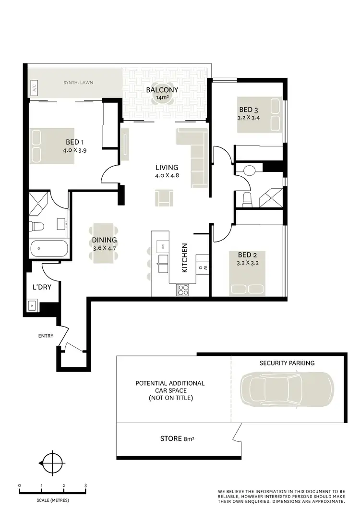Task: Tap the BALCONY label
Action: pyautogui.click(x=162, y=90)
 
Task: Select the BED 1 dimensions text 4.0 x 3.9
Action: pyautogui.click(x=74, y=150)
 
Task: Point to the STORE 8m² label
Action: pyautogui.click(x=178, y=438)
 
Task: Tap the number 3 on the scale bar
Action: pyautogui.click(x=85, y=486)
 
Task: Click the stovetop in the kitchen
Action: pyautogui.click(x=183, y=289)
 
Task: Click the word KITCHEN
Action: pyautogui.click(x=185, y=258)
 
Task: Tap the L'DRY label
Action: pyautogui.click(x=42, y=287)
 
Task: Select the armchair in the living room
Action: pyautogui.click(x=164, y=197)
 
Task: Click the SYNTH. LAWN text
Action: pyautogui.click(x=78, y=83)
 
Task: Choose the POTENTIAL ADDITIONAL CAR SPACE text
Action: pyautogui.click(x=170, y=390)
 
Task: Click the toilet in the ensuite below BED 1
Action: pyautogui.click(x=37, y=226)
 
